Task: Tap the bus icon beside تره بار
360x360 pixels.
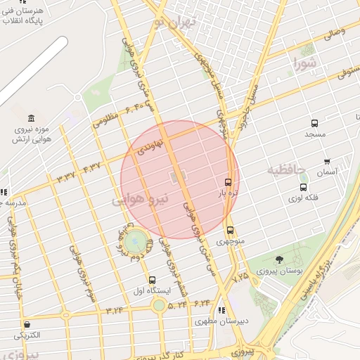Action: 229,181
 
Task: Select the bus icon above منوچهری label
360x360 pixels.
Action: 230,231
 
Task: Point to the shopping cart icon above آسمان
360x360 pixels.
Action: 326,162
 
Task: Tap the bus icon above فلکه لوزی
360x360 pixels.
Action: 303,187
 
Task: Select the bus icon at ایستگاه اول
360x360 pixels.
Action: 153,280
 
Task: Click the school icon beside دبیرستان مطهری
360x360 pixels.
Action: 221,310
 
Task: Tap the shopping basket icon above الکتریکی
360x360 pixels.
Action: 27,325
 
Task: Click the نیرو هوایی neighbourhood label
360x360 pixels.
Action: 141,199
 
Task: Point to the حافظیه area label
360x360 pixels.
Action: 287,170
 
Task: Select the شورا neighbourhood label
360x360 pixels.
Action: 304,65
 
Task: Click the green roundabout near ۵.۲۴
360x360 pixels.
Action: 160,305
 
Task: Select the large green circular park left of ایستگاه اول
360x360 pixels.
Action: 137,243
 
